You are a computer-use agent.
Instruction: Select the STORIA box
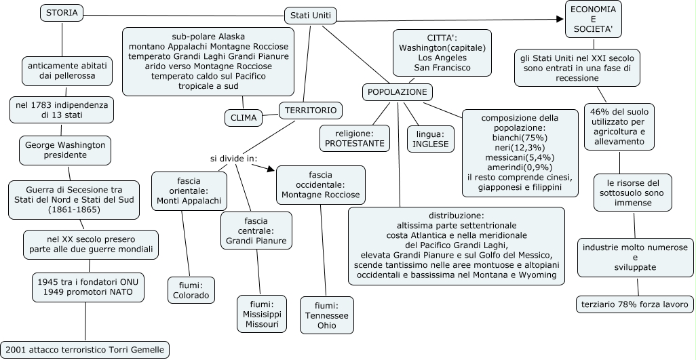coord(62,12)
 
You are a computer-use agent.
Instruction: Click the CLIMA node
coord(244,117)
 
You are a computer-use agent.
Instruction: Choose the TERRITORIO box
coord(311,110)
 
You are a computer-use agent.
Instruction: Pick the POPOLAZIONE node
coord(397,92)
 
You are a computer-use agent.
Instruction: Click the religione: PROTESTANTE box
coord(354,138)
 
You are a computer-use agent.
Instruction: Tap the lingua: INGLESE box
coord(431,138)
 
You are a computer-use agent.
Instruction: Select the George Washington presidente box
coord(65,150)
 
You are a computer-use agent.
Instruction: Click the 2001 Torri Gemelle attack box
coord(85,350)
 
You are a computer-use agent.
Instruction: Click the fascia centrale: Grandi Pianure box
coord(256,231)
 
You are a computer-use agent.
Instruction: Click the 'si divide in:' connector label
coord(234,159)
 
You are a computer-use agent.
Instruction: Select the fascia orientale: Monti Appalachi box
coord(189,191)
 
